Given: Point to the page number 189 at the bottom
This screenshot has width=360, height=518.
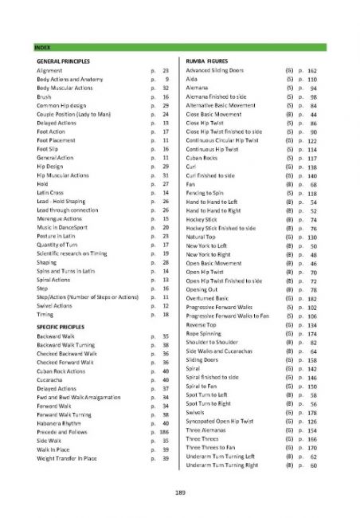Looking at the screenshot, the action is tap(180, 492).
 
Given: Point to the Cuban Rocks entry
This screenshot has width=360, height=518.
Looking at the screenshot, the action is tap(203, 157).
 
